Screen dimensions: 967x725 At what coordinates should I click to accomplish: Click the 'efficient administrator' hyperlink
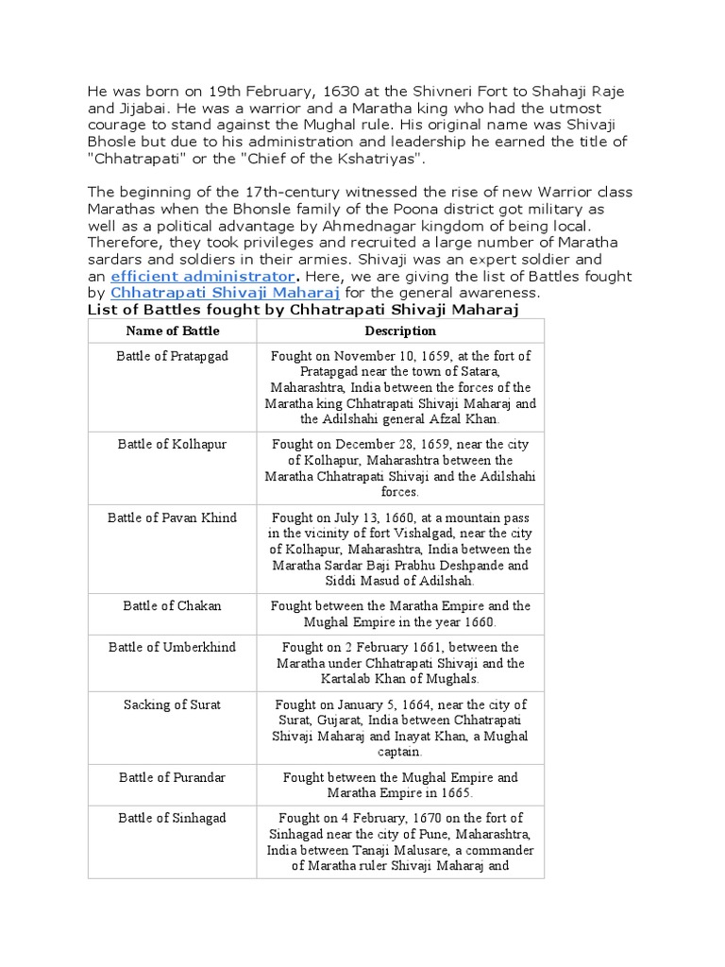click(x=202, y=277)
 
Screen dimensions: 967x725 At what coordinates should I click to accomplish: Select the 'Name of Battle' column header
click(x=173, y=331)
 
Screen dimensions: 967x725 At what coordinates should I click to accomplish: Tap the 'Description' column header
click(x=400, y=331)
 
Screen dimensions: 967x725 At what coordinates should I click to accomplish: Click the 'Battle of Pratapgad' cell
click(x=173, y=356)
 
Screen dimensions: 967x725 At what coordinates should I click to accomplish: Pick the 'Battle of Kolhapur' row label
click(x=173, y=444)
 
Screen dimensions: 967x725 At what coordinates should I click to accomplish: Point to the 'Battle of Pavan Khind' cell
click(x=173, y=517)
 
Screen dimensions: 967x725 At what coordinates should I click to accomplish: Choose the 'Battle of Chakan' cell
click(x=173, y=606)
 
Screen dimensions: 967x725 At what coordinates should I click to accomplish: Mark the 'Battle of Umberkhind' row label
click(x=173, y=647)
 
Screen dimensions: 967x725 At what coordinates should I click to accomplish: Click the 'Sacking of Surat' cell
click(x=173, y=704)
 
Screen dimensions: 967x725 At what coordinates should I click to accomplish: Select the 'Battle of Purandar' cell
click(x=173, y=777)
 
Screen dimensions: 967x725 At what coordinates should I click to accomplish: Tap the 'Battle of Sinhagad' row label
click(x=173, y=818)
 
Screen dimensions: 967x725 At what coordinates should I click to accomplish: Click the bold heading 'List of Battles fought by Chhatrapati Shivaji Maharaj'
click(x=303, y=310)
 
